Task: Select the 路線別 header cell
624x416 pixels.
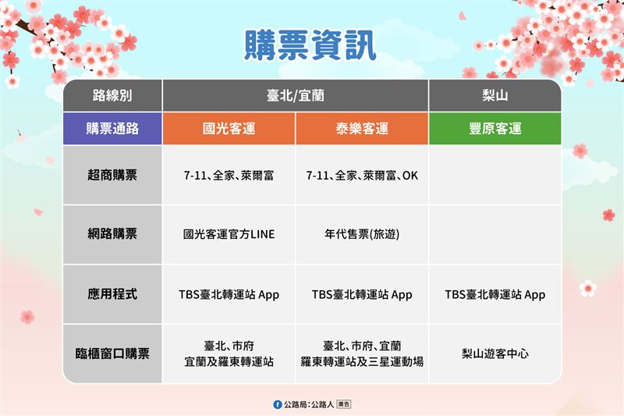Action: pyautogui.click(x=112, y=96)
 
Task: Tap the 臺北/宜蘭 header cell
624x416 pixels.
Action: pyautogui.click(x=296, y=96)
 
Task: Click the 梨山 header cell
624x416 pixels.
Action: pyautogui.click(x=495, y=96)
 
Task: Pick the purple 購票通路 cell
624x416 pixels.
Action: pyautogui.click(x=112, y=129)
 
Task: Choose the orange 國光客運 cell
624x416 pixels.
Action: pyautogui.click(x=229, y=129)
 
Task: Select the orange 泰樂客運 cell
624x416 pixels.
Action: pyautogui.click(x=362, y=129)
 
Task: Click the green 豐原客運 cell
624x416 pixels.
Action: pyautogui.click(x=495, y=129)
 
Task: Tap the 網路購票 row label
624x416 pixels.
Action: pyautogui.click(x=112, y=233)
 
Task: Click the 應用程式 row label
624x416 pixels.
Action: pyautogui.click(x=112, y=294)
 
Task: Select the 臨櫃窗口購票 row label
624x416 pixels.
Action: pyautogui.click(x=112, y=354)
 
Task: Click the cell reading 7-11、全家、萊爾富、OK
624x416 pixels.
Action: pyautogui.click(x=362, y=176)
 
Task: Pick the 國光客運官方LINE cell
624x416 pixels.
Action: pyautogui.click(x=229, y=234)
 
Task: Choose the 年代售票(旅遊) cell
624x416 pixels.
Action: pyautogui.click(x=362, y=234)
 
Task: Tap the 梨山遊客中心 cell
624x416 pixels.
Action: pyautogui.click(x=495, y=354)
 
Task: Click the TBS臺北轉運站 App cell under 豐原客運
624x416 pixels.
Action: pyautogui.click(x=495, y=295)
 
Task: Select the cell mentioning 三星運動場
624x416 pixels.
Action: pyautogui.click(x=362, y=354)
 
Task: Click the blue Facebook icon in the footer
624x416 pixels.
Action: pyautogui.click(x=278, y=404)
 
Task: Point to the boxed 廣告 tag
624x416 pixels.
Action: pyautogui.click(x=343, y=404)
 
